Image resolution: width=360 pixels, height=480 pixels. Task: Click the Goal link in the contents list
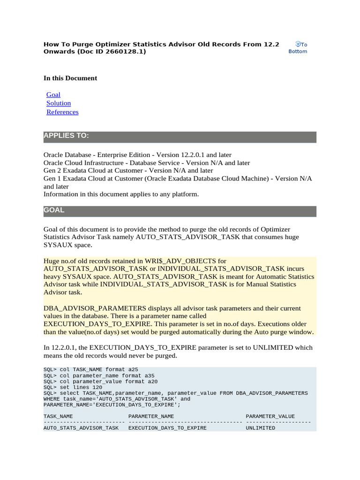coord(53,95)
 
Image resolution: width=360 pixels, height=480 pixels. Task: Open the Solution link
coord(59,103)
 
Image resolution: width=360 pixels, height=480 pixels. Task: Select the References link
coord(62,112)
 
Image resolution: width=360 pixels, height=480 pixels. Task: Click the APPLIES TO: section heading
coord(66,136)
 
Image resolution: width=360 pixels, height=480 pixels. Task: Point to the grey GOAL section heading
coord(54,210)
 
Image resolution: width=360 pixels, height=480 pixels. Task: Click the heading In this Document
coord(70,78)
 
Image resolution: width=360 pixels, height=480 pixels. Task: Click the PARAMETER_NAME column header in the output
coord(151,416)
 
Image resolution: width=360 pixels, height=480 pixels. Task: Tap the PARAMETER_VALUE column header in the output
coord(270,416)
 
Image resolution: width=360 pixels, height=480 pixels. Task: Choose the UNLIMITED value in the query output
coord(261,428)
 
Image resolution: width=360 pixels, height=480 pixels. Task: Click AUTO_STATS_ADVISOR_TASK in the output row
coord(81,428)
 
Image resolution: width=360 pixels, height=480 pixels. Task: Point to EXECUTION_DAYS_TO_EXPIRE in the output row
coord(167,428)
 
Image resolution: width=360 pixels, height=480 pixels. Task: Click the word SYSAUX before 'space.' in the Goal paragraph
coord(58,245)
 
